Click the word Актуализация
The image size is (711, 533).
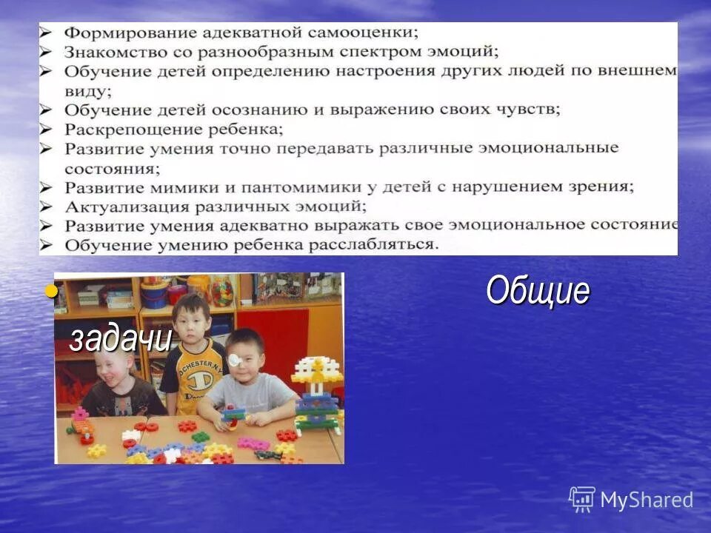pyautogui.click(x=116, y=206)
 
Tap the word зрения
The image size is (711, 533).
pyautogui.click(x=604, y=187)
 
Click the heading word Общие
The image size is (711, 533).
pyautogui.click(x=538, y=291)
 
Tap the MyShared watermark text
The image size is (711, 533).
pyautogui.click(x=647, y=500)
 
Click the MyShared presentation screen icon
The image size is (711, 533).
pyautogui.click(x=582, y=499)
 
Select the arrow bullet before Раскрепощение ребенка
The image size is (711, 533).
pyautogui.click(x=47, y=130)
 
